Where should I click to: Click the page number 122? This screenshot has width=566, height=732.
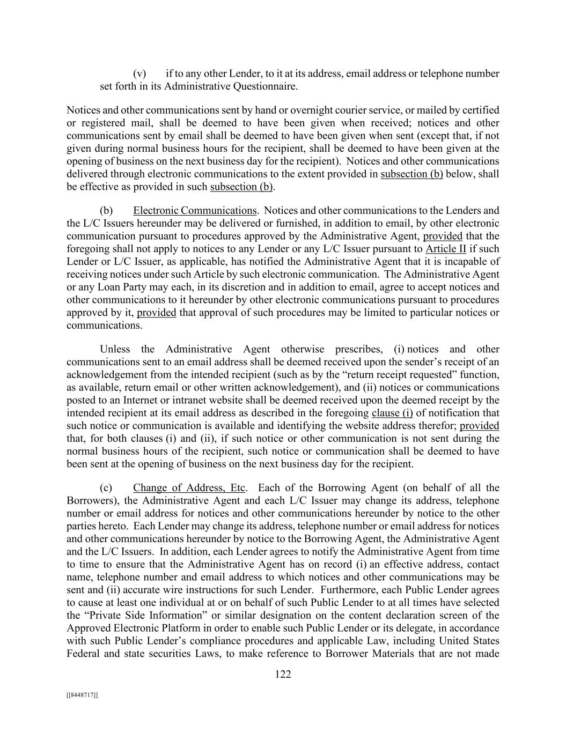pyautogui.click(x=283, y=674)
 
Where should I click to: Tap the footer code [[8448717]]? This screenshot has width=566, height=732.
pyautogui.click(x=82, y=695)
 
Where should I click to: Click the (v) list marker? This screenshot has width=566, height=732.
pyautogui.click(x=139, y=73)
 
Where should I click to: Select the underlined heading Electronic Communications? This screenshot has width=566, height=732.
pyautogui.click(x=195, y=210)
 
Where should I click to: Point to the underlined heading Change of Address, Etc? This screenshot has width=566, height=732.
pyautogui.click(x=189, y=487)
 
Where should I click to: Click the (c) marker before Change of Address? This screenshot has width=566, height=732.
pyautogui.click(x=106, y=487)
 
